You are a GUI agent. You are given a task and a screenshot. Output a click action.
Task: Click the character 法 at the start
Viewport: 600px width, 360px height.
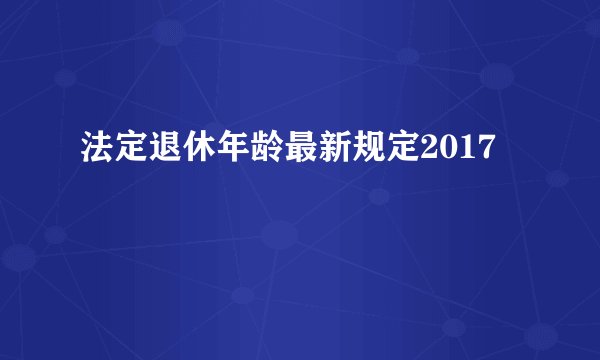(95, 153)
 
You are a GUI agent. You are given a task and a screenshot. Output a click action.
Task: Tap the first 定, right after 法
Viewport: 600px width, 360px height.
(129, 153)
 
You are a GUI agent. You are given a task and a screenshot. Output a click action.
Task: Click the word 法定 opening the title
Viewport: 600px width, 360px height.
(112, 153)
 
